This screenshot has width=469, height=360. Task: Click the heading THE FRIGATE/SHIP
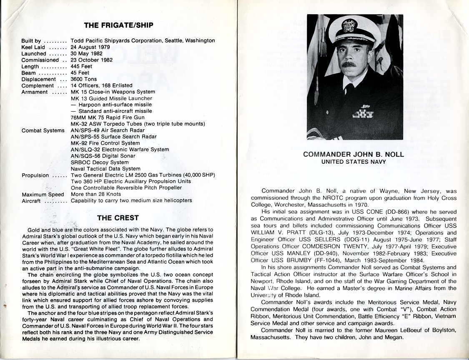pos(118,25)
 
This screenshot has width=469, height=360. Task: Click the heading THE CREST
pos(118,217)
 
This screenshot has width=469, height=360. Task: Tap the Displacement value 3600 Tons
pos(84,79)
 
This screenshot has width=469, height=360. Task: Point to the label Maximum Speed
pos(43,195)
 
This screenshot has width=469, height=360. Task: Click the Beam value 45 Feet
pos(80,73)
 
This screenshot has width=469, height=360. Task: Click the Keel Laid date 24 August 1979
pos(90,47)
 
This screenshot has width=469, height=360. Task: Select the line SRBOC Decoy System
pos(100,162)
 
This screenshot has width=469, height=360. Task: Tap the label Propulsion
pos(35,175)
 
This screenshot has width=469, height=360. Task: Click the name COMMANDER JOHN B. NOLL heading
pos(354,155)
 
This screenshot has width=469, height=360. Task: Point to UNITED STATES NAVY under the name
pos(354,162)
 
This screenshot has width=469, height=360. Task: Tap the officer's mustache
pos(349,64)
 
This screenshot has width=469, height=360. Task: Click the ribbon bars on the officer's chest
pos(363,113)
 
